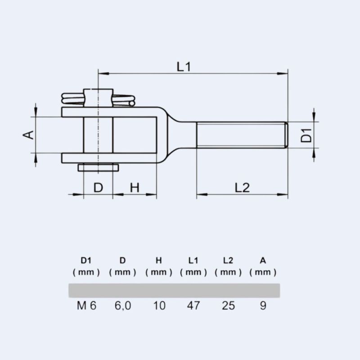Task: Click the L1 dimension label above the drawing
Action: click(x=184, y=67)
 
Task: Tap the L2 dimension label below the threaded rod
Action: click(x=242, y=188)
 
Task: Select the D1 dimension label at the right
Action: click(x=306, y=135)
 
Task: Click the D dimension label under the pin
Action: click(x=98, y=188)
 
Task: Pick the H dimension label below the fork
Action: click(x=135, y=188)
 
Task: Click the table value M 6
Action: click(x=86, y=306)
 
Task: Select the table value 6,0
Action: click(x=122, y=306)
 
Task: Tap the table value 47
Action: click(x=193, y=306)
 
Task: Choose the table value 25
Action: click(x=228, y=306)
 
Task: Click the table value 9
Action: click(x=263, y=306)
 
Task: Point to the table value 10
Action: click(x=159, y=306)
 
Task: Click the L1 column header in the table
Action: click(x=193, y=260)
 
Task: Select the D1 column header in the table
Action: click(x=86, y=260)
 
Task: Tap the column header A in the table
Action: click(x=263, y=260)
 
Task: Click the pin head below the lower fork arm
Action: click(x=98, y=167)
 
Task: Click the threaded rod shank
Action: click(x=241, y=135)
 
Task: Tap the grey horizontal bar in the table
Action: click(x=174, y=290)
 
